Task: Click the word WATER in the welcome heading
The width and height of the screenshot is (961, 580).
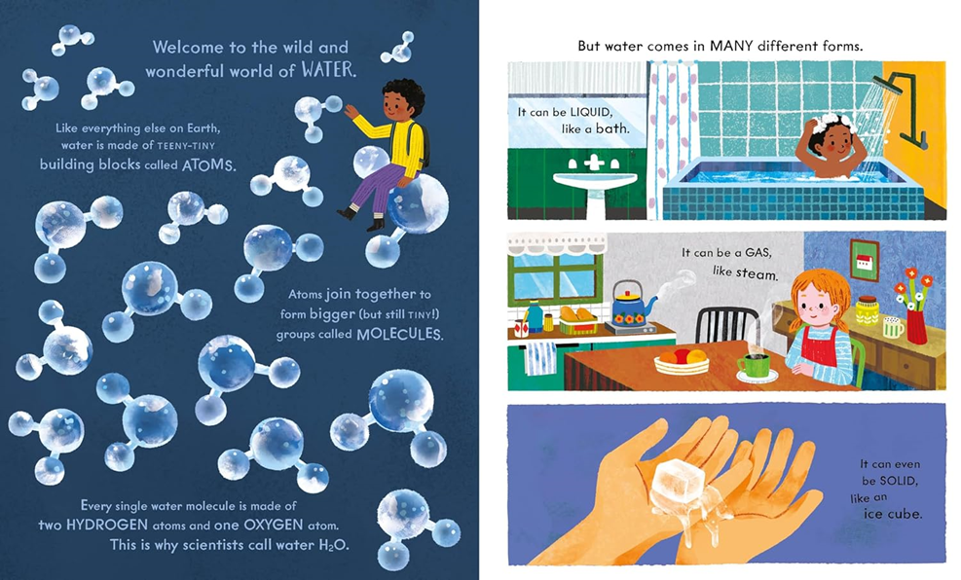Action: (x=328, y=70)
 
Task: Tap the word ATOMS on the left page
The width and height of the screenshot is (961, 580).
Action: (x=208, y=165)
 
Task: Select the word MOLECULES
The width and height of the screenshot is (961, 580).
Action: (x=399, y=335)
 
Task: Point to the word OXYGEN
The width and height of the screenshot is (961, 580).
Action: (x=274, y=525)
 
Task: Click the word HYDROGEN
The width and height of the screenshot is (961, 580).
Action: (x=107, y=525)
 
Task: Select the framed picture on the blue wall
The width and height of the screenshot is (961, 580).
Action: (x=865, y=260)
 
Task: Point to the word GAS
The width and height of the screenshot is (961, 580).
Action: (x=758, y=252)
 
